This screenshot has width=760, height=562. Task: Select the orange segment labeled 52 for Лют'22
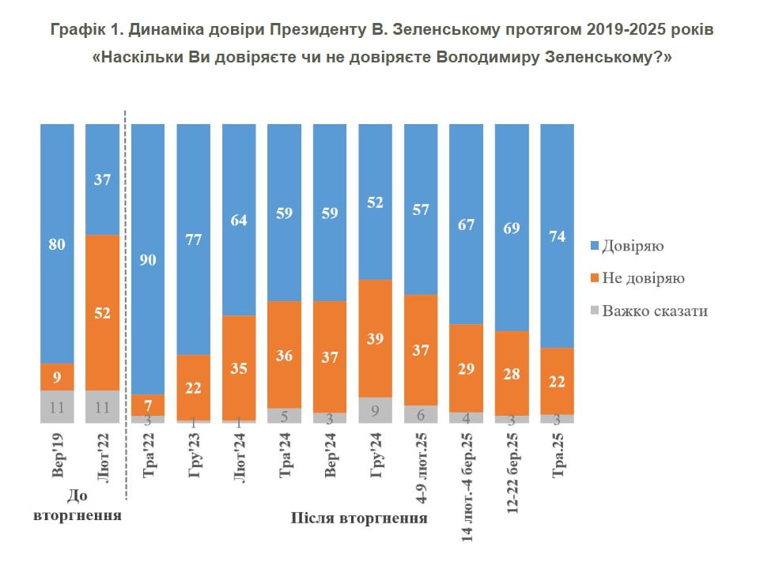[102, 312]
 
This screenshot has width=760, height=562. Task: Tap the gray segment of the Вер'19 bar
[57, 406]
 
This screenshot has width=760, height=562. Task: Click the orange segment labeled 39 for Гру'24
[375, 338]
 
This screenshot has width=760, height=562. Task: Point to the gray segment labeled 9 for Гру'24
[375, 409]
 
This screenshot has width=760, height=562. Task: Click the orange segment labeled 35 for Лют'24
[239, 368]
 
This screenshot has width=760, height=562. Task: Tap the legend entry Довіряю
[632, 246]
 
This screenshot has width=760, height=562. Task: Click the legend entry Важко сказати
[654, 311]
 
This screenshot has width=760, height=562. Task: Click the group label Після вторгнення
[359, 519]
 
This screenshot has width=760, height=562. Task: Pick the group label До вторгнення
[78, 506]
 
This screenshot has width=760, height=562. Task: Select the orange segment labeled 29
[466, 368]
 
